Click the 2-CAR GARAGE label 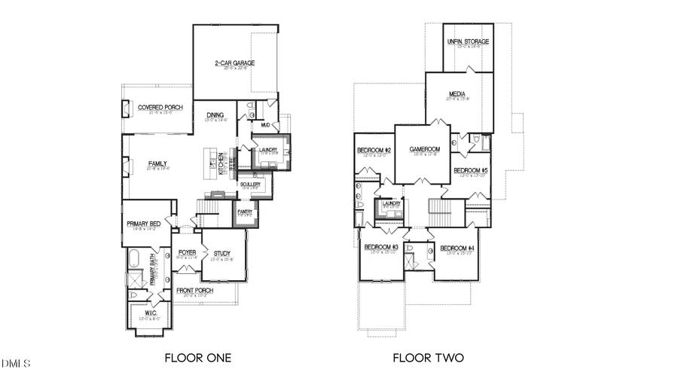click(232, 63)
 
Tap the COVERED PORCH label click(160, 108)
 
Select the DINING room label click(215, 115)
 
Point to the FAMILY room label click(157, 163)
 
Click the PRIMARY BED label click(144, 224)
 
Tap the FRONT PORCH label click(194, 290)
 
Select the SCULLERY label click(250, 184)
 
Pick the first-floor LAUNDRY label click(267, 150)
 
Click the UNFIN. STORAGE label click(468, 41)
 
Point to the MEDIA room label click(457, 94)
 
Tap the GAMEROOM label click(424, 149)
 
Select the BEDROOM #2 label click(374, 151)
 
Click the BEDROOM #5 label click(470, 171)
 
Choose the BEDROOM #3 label click(381, 248)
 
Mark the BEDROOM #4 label click(457, 248)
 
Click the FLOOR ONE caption click(197, 358)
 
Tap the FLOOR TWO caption click(428, 358)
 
